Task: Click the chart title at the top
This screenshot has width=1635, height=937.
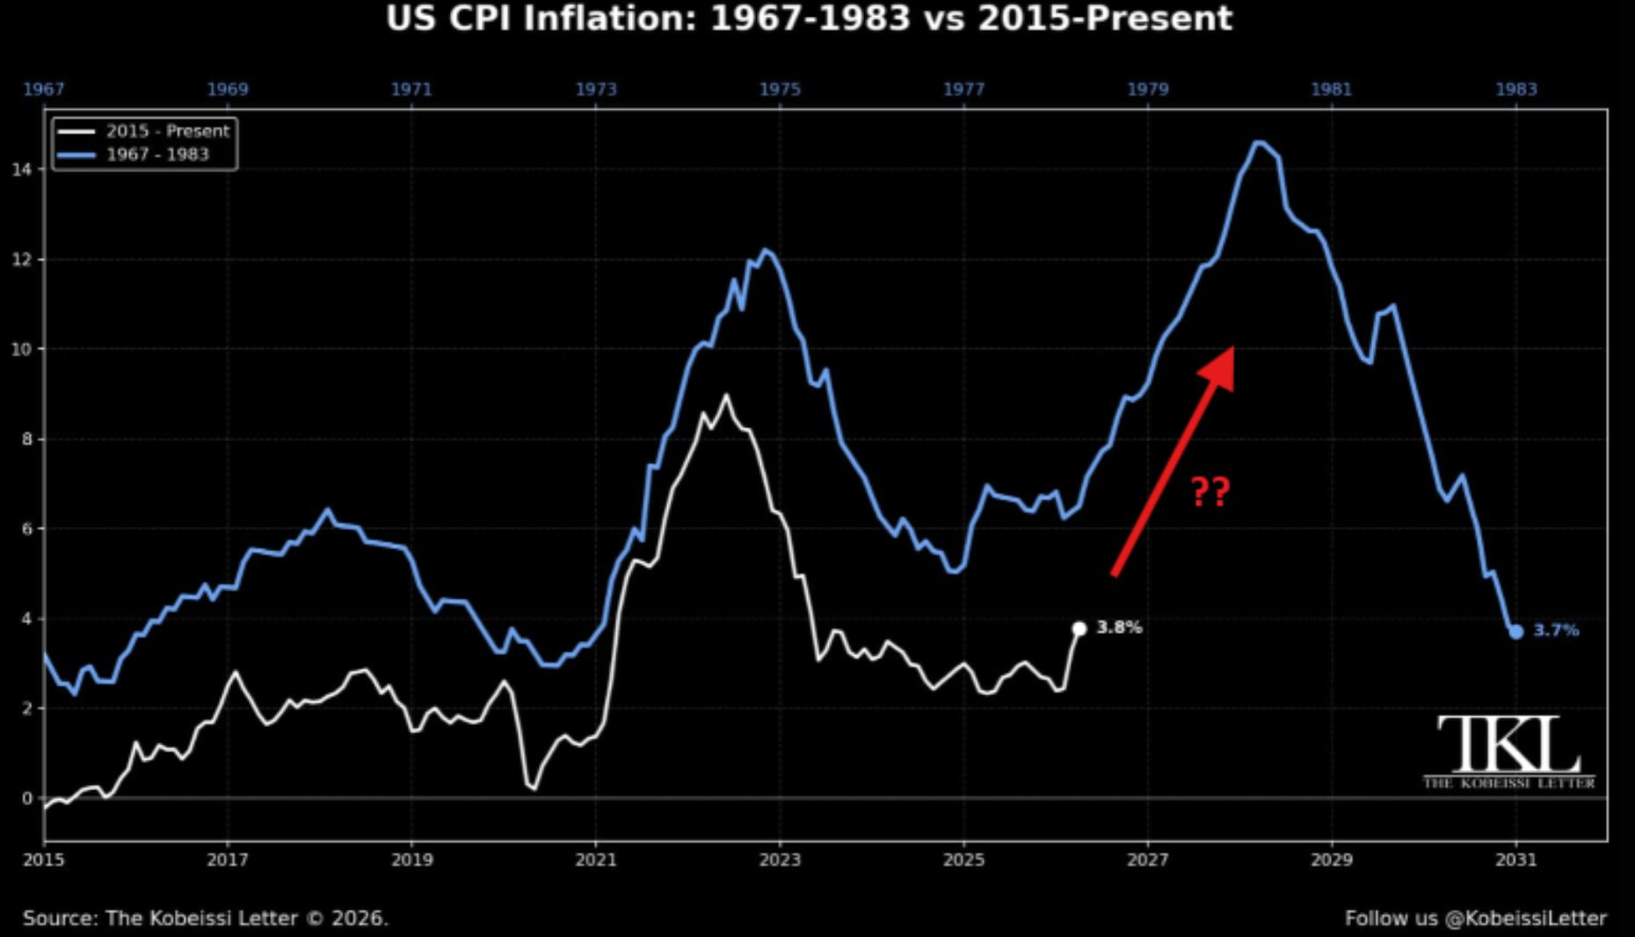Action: pyautogui.click(x=809, y=18)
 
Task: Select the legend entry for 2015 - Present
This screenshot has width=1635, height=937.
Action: pyautogui.click(x=143, y=131)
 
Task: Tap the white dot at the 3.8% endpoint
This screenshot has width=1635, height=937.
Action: pyautogui.click(x=1079, y=628)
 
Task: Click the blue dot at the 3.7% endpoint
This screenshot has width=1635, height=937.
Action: pyautogui.click(x=1515, y=632)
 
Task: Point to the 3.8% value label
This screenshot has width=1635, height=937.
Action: pyautogui.click(x=1119, y=628)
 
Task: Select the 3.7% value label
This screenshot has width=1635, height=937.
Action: pyautogui.click(x=1556, y=630)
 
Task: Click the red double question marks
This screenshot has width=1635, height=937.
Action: pyautogui.click(x=1210, y=491)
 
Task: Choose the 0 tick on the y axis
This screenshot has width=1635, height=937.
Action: pyautogui.click(x=27, y=799)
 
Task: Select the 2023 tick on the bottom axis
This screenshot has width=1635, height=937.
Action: pyautogui.click(x=780, y=860)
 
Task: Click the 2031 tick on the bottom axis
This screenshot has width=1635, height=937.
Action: pyautogui.click(x=1515, y=860)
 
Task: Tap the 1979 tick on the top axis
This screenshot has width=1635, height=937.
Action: pyautogui.click(x=1148, y=89)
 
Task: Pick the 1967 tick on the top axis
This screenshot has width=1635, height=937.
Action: pyautogui.click(x=44, y=89)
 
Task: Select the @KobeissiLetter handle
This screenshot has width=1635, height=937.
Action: pyautogui.click(x=1525, y=919)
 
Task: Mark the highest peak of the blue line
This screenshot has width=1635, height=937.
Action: pyautogui.click(x=1259, y=142)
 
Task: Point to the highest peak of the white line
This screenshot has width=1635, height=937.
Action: pyautogui.click(x=725, y=396)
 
